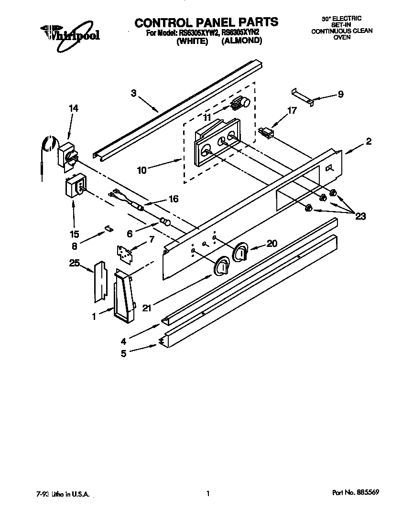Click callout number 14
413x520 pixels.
(73, 108)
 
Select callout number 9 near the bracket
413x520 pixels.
(340, 94)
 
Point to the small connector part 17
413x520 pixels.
(266, 133)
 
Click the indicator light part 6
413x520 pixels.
(164, 222)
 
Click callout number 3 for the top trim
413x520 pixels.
(134, 93)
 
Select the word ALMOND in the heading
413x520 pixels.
(242, 42)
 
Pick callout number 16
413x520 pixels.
(174, 199)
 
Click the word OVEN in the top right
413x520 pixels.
(341, 37)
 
